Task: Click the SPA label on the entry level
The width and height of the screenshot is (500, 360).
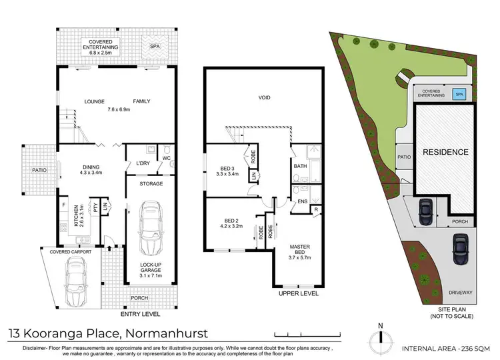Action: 154,47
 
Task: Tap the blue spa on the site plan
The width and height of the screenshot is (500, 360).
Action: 459,94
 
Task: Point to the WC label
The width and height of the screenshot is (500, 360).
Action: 167,158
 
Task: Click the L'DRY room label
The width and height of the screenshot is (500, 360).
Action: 141,163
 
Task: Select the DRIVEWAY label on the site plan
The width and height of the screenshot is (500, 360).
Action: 460,291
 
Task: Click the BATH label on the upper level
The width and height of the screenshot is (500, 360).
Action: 299,166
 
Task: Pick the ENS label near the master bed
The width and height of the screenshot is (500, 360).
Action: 302,201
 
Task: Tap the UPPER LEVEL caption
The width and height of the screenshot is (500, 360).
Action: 298,293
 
